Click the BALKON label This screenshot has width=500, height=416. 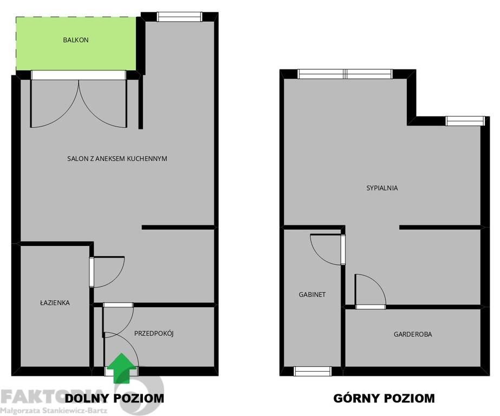point(76,40)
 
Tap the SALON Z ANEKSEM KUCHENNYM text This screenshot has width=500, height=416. point(117,159)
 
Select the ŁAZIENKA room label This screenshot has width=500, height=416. point(55,303)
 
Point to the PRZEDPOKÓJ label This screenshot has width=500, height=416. point(154,334)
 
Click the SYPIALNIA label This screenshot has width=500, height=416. point(382,188)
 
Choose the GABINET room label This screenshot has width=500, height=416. point(312,295)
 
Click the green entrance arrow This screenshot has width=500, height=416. point(121,367)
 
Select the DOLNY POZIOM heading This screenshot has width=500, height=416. point(114,398)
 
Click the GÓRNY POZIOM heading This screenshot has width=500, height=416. point(384,398)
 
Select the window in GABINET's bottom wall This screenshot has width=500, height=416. point(313,371)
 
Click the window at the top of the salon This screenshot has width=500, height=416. point(179,17)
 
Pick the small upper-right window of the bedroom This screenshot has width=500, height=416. point(465,121)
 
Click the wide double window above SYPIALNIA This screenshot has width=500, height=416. point(345,74)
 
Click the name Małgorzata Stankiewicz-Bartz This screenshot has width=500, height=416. point(54,411)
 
